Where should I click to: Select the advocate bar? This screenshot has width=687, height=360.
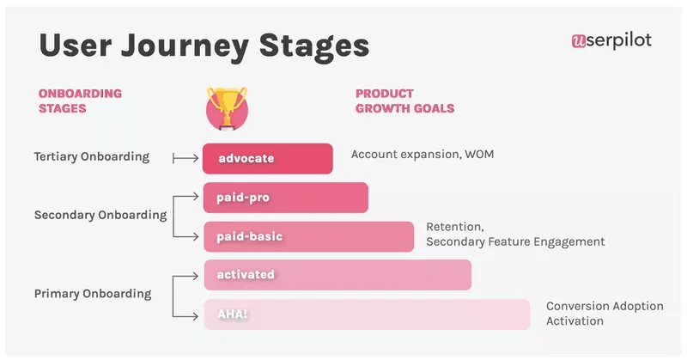(267, 158)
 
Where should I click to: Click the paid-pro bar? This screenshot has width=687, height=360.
(285, 197)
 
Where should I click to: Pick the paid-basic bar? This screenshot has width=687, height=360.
(308, 236)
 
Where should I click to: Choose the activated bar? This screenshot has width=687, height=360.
(337, 275)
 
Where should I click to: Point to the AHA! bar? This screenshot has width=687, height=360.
(367, 314)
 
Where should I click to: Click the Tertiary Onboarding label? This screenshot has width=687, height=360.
(92, 157)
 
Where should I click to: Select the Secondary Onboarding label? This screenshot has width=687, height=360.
(100, 216)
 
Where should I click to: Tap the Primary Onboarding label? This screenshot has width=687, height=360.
(93, 294)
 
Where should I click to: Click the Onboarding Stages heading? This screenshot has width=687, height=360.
(81, 101)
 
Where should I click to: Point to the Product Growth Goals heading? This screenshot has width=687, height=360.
(404, 101)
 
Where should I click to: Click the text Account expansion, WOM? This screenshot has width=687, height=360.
(423, 155)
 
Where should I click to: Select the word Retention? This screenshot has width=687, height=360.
(455, 227)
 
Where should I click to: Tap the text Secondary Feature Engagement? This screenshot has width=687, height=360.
(515, 242)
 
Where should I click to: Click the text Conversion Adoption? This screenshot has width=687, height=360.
(605, 306)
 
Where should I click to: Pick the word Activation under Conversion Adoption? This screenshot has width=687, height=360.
(575, 321)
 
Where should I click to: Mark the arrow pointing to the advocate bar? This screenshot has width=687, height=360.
(185, 158)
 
